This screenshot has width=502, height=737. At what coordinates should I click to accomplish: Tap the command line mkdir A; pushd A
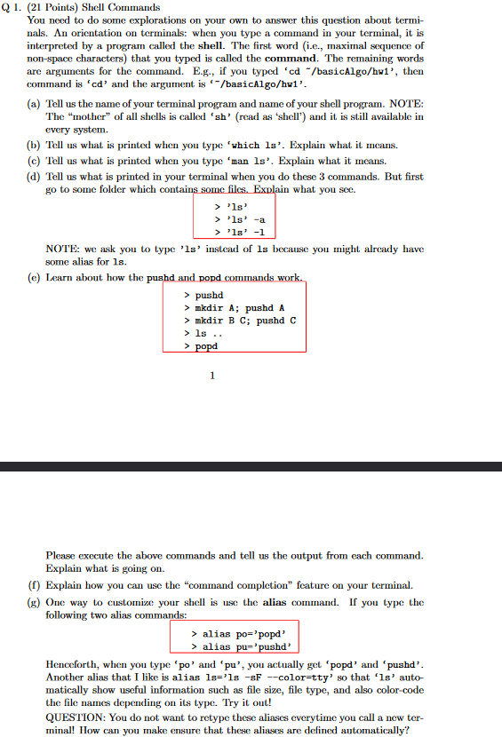[x=234, y=307]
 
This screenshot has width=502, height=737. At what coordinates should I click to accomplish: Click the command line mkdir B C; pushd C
[x=239, y=320]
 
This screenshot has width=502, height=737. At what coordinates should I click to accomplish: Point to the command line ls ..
[x=211, y=333]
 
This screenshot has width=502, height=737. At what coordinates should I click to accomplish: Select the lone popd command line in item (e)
[x=206, y=346]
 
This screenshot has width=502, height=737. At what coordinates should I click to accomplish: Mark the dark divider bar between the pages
[x=251, y=466]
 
